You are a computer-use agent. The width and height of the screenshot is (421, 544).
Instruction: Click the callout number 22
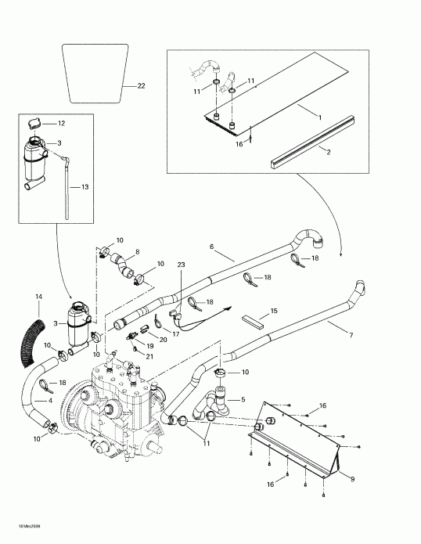140,85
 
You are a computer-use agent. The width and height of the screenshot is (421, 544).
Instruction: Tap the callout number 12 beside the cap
62,124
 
